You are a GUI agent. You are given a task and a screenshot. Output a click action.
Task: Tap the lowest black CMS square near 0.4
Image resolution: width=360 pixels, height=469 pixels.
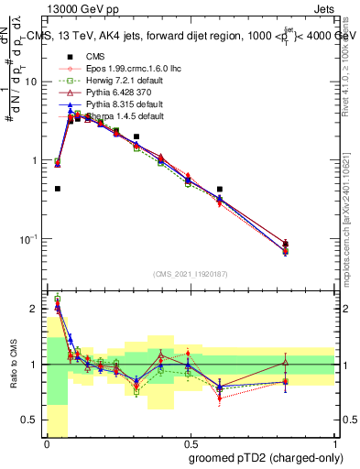(x=58, y=189)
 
